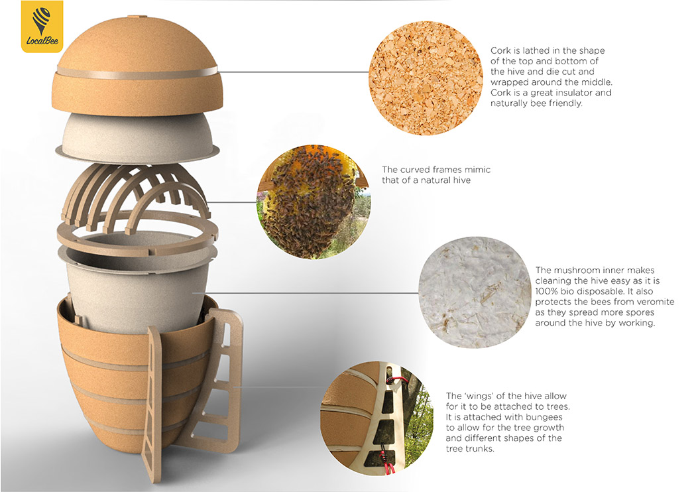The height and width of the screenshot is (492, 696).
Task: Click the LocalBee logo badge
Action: point(42,27)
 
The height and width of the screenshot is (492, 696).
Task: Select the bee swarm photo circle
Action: point(314,202)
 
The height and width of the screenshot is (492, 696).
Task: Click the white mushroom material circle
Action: point(475,292)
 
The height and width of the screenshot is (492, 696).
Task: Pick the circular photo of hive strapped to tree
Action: point(377,418)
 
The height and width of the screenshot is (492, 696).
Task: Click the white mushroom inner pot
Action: point(138,284)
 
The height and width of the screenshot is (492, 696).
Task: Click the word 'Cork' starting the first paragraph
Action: point(500,50)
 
